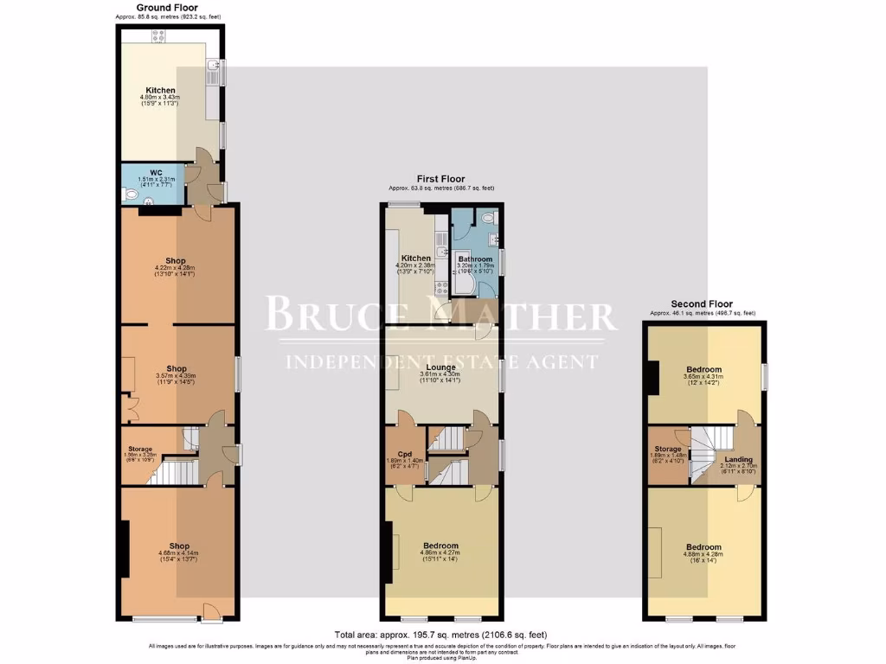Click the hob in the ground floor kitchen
pos(159,35)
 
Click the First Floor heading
pos(440,178)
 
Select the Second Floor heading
pos(702,304)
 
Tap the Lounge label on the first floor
pos(440,367)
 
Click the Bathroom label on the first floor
pos(475,259)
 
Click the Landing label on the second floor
pos(738,459)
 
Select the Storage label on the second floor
pos(667,449)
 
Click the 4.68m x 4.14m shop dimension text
pos(179,553)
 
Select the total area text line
pos(440,635)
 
